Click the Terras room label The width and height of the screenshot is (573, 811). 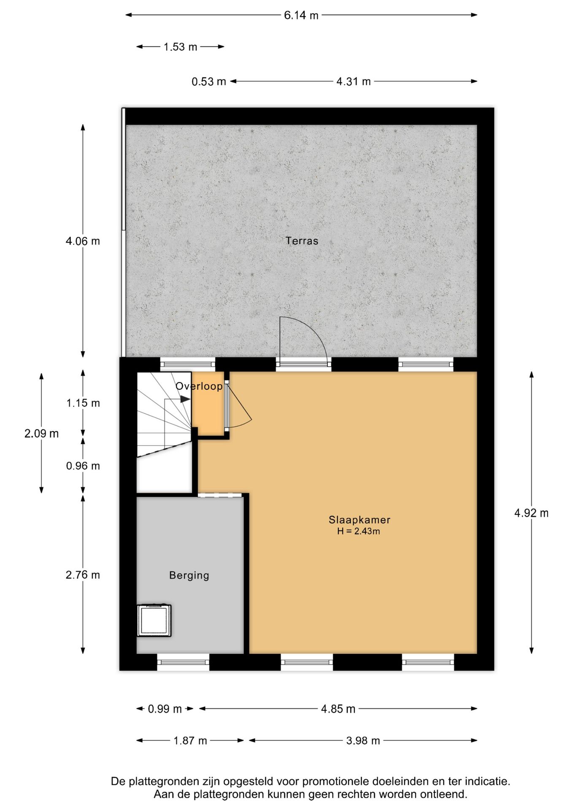302,241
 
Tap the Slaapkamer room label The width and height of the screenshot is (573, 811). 359,520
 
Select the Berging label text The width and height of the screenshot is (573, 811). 189,575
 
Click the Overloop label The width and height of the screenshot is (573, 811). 199,386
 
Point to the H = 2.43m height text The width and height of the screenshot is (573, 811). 358,531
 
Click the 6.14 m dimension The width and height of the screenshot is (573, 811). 301,16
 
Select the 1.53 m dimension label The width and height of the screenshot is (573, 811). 180,47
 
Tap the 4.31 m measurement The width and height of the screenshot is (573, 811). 353,82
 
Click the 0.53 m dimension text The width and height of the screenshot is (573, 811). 208,82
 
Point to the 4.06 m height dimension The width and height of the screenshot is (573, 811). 83,241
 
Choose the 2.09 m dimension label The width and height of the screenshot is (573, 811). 41,433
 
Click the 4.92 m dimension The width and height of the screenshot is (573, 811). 531,513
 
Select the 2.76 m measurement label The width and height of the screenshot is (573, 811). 83,575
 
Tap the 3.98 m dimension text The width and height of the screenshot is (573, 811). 363,740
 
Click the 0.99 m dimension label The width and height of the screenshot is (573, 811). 165,709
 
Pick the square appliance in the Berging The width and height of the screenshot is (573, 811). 154,620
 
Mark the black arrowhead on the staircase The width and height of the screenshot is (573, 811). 185,399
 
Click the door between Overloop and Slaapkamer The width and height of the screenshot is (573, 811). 227,405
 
